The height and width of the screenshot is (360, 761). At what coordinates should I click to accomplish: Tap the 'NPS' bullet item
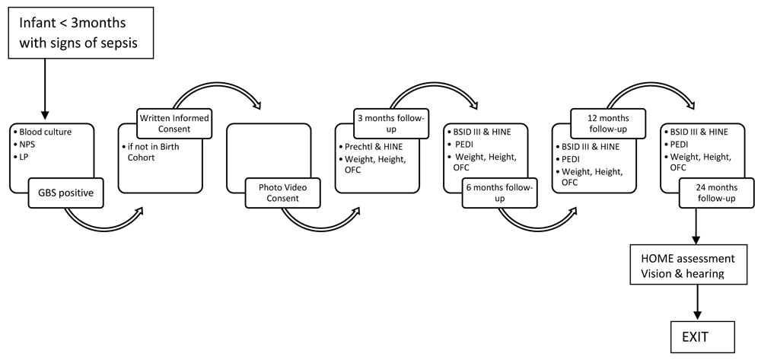(29, 143)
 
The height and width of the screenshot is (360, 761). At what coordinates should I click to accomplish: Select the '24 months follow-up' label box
(717, 193)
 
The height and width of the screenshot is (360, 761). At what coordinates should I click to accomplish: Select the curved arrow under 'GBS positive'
(103, 225)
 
